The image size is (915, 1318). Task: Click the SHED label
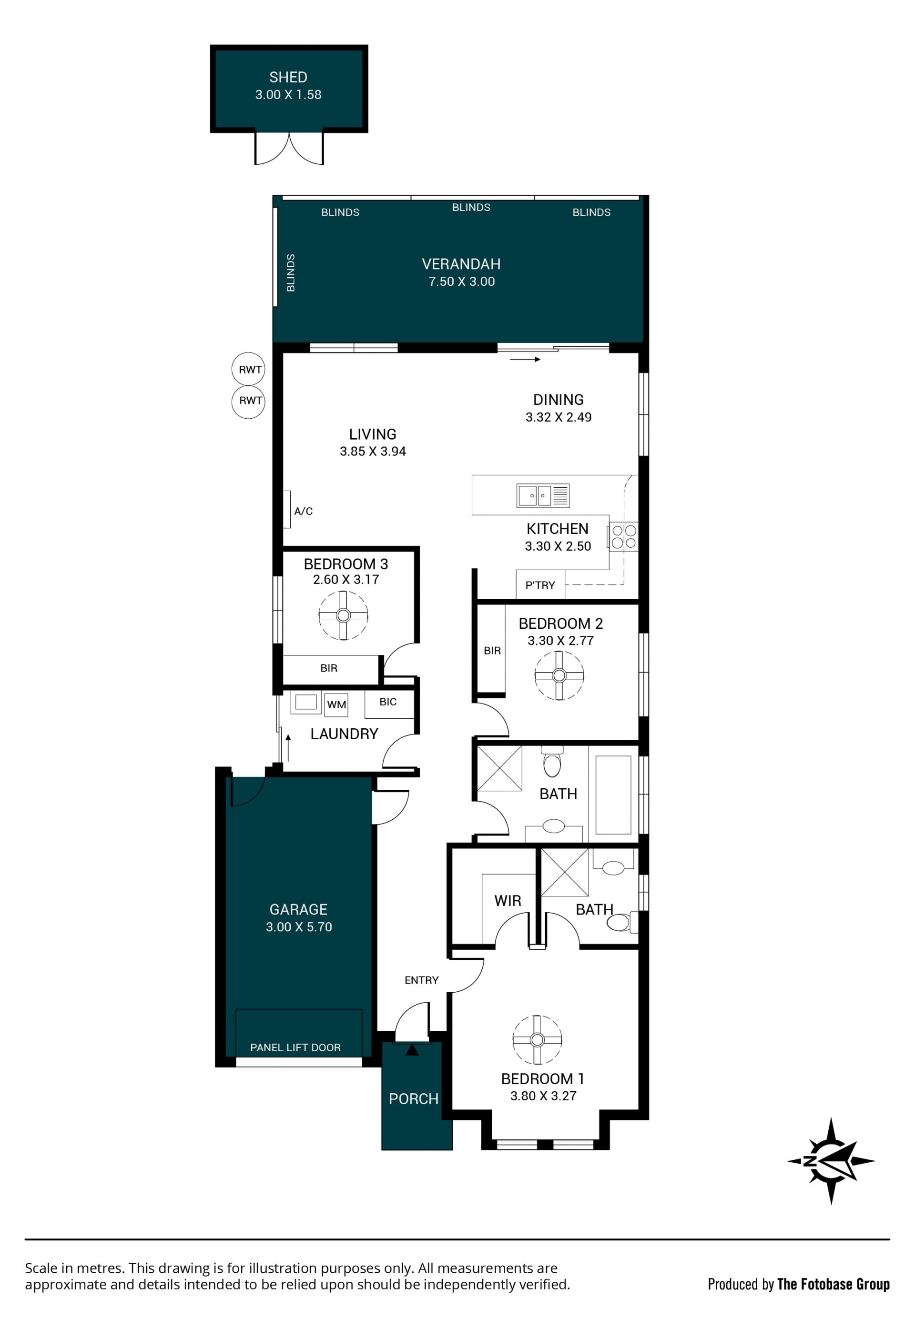point(288,77)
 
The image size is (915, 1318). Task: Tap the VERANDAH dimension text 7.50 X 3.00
point(461,282)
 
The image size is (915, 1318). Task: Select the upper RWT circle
point(248,370)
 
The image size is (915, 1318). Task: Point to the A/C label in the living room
point(303,511)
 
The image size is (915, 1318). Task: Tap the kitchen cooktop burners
point(624,536)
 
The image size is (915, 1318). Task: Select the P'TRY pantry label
point(540,585)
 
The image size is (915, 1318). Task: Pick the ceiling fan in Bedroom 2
point(559,675)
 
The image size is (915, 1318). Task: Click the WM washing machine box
point(336,705)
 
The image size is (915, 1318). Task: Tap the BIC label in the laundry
point(388,702)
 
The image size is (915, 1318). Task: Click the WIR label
point(508,901)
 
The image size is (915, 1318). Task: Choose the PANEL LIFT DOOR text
point(295,1047)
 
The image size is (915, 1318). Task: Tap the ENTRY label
point(421,980)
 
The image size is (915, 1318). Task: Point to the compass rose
point(831,1162)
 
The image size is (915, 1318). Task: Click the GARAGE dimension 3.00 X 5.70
point(299,926)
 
